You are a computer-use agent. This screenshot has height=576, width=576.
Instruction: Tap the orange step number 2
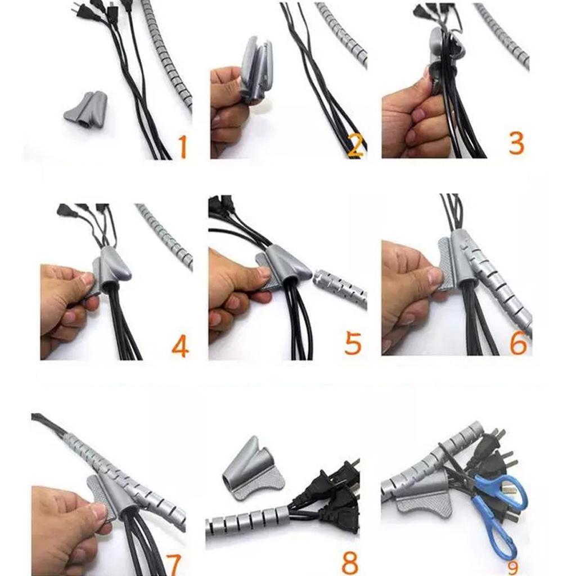(x=355, y=146)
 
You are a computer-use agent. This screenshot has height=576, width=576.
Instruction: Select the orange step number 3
(x=516, y=143)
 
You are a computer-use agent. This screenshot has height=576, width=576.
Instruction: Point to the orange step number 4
(x=181, y=346)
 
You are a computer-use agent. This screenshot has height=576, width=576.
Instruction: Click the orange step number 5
(x=353, y=343)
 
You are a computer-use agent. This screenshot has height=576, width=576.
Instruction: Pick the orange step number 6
(x=518, y=343)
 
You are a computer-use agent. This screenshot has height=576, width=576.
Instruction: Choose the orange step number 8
(x=350, y=562)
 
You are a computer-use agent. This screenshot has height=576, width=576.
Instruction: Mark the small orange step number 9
(x=513, y=567)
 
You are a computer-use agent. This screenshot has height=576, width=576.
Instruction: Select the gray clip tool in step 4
(x=110, y=269)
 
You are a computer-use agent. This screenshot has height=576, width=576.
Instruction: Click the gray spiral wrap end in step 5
(x=340, y=287)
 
